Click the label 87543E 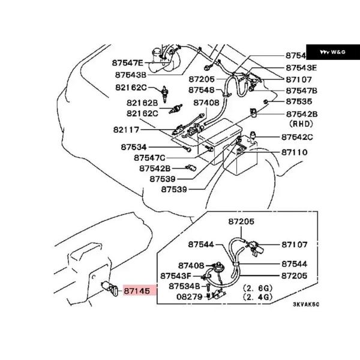pyautogui.click(x=301, y=68)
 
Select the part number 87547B pyautogui.click(x=301, y=91)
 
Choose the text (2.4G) pyautogui.click(x=257, y=296)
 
